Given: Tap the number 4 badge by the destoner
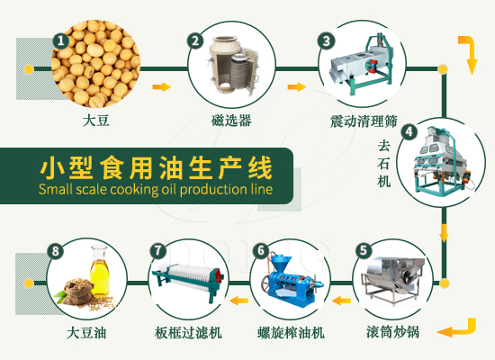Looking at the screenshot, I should click(x=409, y=131).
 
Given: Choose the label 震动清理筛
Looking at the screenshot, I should click(x=360, y=121).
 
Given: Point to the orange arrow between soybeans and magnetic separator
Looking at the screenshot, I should click(x=162, y=87).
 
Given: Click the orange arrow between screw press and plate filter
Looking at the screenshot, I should click(x=238, y=300).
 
